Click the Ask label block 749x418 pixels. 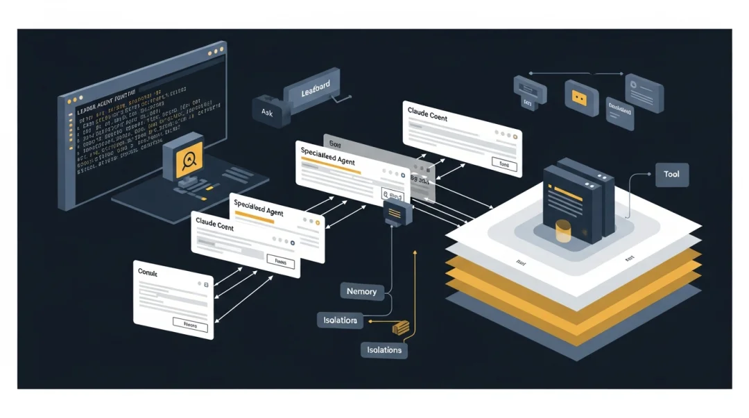pos(267,111)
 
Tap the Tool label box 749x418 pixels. pos(671,175)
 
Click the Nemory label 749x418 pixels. pos(361,291)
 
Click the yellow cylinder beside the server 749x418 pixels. pos(564,231)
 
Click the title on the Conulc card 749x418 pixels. pos(148,273)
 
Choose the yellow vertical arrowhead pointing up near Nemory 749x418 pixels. pos(414,254)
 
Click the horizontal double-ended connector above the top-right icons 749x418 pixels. pos(576,73)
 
